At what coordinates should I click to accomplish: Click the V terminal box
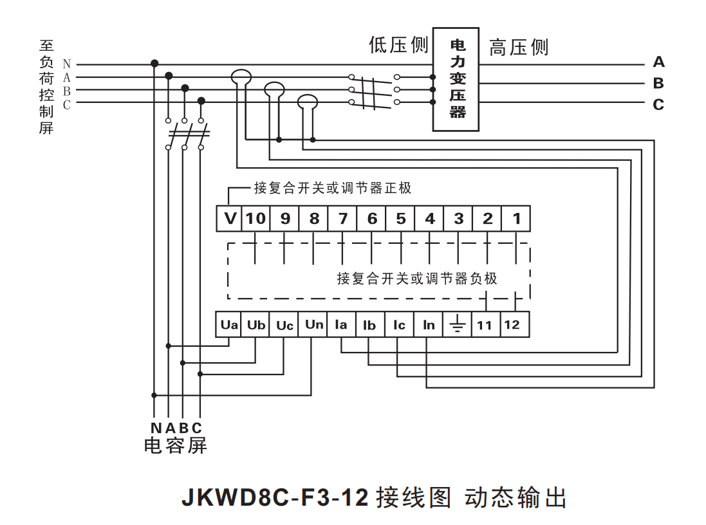click(x=230, y=219)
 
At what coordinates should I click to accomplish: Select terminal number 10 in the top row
click(x=255, y=219)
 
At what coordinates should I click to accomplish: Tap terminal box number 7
click(x=342, y=219)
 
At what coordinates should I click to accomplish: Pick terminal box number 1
click(x=516, y=219)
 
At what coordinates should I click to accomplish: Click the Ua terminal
click(x=229, y=325)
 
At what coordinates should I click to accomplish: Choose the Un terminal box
click(x=313, y=325)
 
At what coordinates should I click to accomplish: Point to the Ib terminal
click(x=369, y=325)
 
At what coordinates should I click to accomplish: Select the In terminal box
click(x=429, y=325)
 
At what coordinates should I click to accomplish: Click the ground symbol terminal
click(x=456, y=325)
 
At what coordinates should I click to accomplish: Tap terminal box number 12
click(x=512, y=325)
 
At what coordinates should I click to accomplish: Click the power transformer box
click(x=456, y=79)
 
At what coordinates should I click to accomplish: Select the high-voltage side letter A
click(x=658, y=62)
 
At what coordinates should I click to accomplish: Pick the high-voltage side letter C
click(x=658, y=104)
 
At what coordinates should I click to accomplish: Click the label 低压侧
click(x=398, y=45)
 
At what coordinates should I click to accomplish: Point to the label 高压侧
click(x=519, y=48)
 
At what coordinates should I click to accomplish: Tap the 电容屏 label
click(x=175, y=445)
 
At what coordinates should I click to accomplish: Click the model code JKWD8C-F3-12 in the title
click(x=275, y=497)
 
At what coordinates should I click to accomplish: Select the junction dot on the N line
click(x=154, y=63)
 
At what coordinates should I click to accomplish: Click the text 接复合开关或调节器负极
click(x=417, y=279)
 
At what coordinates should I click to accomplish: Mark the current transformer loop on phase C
click(x=308, y=100)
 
